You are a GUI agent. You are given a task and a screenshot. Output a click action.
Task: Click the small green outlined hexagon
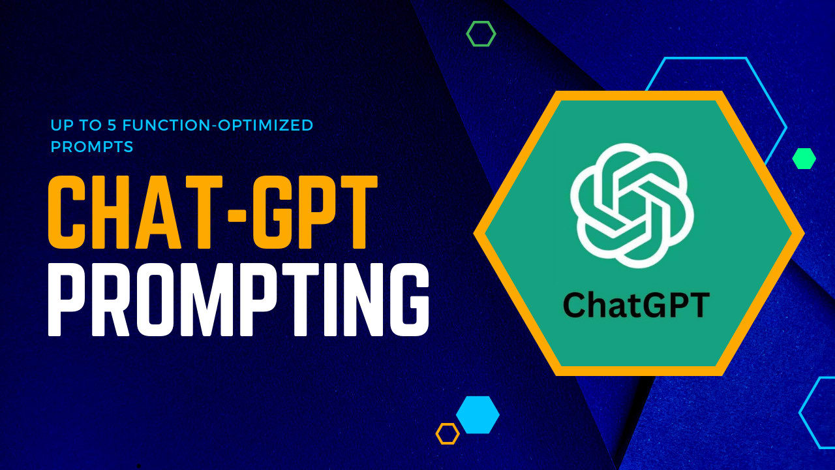tap(481, 33)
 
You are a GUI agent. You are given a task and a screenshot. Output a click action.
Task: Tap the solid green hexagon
tap(804, 159)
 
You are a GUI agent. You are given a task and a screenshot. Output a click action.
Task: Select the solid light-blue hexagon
tap(478, 415)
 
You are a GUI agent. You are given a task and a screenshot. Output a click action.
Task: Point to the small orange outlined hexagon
tap(448, 433)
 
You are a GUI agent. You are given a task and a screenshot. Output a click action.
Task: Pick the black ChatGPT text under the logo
tap(635, 304)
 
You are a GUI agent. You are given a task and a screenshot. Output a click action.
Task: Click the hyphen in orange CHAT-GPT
tap(235, 212)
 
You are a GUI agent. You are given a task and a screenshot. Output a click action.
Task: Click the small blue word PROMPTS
tap(92, 147)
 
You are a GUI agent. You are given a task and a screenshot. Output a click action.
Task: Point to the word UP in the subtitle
tap(61, 125)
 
